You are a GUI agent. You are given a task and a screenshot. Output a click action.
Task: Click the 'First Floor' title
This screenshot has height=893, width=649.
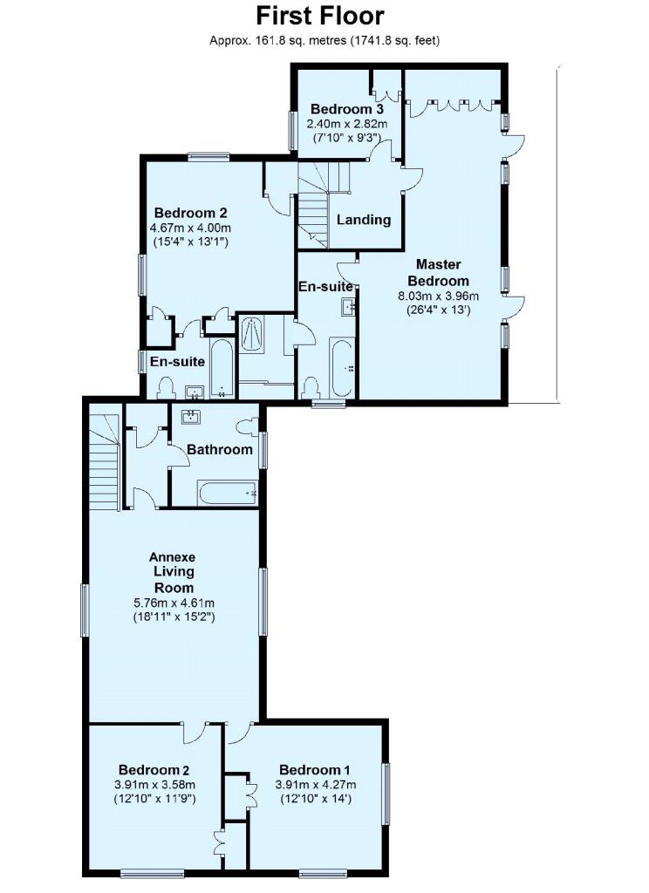coord(319,16)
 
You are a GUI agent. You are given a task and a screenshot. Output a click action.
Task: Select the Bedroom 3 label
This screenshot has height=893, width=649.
coord(346,110)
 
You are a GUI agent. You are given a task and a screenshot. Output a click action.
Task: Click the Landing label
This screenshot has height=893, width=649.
coord(363,220)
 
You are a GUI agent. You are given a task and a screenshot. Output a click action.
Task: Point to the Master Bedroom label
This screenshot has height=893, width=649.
coord(442,272)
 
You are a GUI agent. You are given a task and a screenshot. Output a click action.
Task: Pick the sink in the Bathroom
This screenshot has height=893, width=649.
coord(189,417)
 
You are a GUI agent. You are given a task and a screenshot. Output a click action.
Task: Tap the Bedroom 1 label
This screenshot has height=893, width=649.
coord(314,770)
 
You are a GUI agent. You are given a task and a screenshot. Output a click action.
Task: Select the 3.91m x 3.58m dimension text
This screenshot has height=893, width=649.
coord(154,784)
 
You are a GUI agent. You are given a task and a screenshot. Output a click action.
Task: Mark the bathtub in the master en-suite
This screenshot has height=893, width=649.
coord(341,370)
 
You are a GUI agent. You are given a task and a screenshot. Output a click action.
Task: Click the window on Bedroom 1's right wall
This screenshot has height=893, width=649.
coord(386,794)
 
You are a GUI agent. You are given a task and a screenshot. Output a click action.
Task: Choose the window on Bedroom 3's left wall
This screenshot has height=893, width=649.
coord(293,129)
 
